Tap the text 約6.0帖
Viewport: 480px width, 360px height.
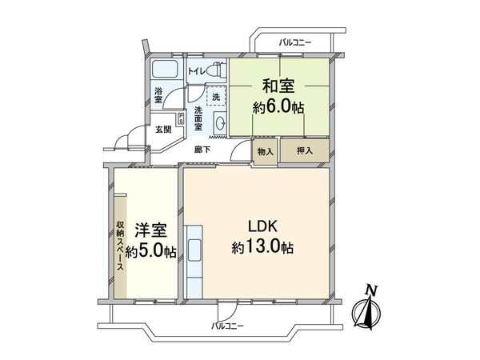pyautogui.click(x=280, y=106)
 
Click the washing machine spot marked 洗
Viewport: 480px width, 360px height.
pyautogui.click(x=214, y=96)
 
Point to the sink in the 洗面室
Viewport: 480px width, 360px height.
pyautogui.click(x=221, y=122)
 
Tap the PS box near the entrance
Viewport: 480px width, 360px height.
pyautogui.click(x=181, y=120)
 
